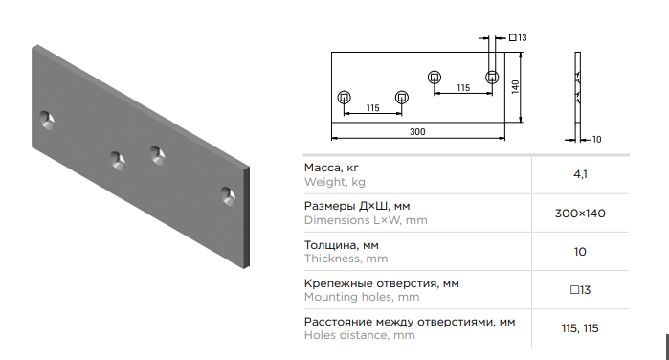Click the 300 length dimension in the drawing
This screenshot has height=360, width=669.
point(417,132)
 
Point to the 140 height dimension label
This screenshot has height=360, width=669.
point(516,87)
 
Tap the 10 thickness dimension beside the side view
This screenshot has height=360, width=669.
point(596,140)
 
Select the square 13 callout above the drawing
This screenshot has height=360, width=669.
point(518,38)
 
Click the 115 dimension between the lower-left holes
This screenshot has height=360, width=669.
point(373,108)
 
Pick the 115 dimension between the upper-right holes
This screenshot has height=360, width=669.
point(463,88)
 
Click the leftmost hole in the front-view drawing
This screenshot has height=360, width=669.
point(344,98)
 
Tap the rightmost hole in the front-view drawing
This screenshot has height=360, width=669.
point(492,78)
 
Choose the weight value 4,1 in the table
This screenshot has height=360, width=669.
point(580,174)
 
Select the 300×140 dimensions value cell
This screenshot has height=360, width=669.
point(580,214)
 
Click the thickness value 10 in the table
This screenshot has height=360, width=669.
point(580,252)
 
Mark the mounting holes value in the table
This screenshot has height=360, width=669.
point(580,290)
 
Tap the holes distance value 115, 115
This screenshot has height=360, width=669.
point(580,328)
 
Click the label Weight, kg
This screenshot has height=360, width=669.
point(335,182)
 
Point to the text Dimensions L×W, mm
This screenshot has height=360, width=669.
point(366,220)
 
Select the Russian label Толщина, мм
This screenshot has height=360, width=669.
point(342,245)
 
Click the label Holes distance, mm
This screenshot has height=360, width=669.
point(359,335)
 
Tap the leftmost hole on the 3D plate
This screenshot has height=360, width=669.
point(47,121)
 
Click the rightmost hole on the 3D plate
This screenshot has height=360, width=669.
point(228,196)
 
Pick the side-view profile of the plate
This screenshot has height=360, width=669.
point(578,97)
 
